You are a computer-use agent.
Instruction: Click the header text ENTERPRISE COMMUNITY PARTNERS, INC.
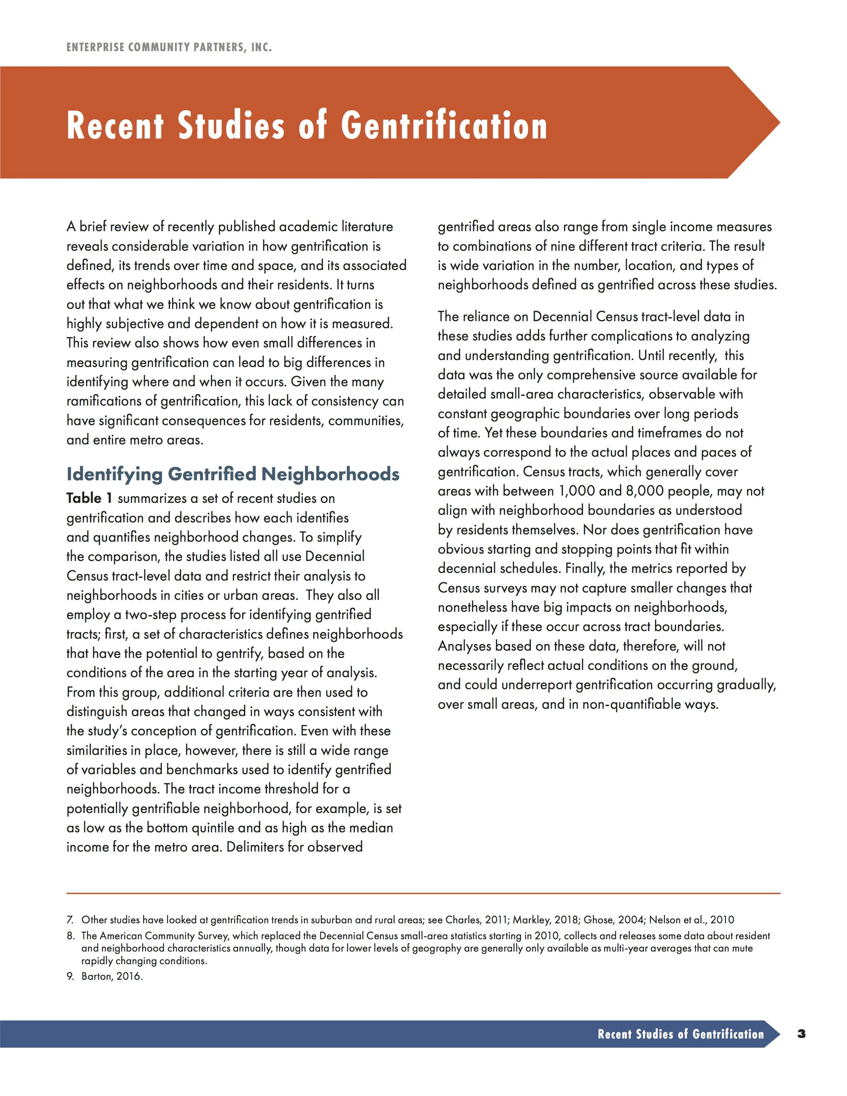pos(169,48)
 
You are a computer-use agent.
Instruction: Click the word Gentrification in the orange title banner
pos(444,125)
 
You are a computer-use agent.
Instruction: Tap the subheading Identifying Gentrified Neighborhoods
pos(233,474)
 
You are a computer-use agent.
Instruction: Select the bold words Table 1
pos(89,498)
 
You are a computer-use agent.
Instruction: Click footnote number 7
pos(70,920)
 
